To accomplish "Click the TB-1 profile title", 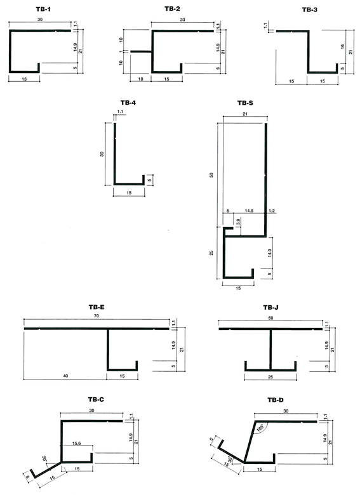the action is point(43,9).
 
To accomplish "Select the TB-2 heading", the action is point(172,9).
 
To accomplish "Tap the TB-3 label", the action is point(309,10).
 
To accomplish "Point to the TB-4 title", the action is point(128,103).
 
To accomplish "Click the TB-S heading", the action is point(245,103).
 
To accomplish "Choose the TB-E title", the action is point(97,307).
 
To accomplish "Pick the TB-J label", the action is point(270,307).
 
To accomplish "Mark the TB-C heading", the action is point(96,400).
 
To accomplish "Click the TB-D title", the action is point(276,400).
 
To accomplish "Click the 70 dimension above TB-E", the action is point(97,315).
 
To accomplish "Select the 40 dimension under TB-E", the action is point(65,376).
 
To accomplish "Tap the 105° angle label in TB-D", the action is point(260,428).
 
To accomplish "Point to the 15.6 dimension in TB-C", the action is point(76,443).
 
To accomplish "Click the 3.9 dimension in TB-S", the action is point(238,221).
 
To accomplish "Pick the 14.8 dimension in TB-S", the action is point(249,211).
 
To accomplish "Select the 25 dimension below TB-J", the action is point(270,376).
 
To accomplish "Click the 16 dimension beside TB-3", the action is point(342,47).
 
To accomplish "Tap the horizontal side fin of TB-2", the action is point(141,51).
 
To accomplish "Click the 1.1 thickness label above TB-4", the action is point(120,112).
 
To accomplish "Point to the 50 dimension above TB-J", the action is point(270,318).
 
